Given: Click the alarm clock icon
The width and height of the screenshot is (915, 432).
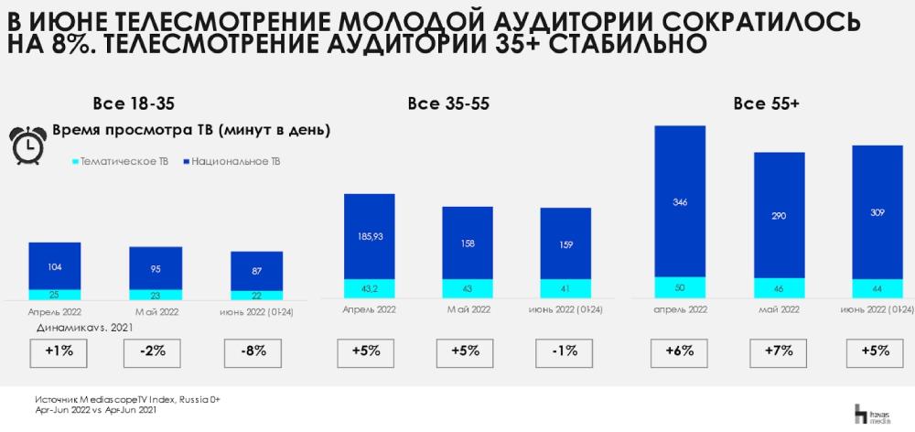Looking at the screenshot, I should tap(29, 144).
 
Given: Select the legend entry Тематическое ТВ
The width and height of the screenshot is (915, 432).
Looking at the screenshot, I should tap(119, 162).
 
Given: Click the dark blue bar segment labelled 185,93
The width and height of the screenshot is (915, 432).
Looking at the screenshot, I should tap(368, 235).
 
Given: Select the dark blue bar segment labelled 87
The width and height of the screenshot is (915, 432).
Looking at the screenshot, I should tap(256, 271).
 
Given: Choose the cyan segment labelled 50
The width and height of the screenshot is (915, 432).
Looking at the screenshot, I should tap(680, 287).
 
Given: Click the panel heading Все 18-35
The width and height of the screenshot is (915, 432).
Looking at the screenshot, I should tap(133, 103).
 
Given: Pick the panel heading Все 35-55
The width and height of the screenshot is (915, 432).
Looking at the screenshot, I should tap(448, 103).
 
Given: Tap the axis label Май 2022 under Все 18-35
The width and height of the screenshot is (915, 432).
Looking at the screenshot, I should tap(155, 311).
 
